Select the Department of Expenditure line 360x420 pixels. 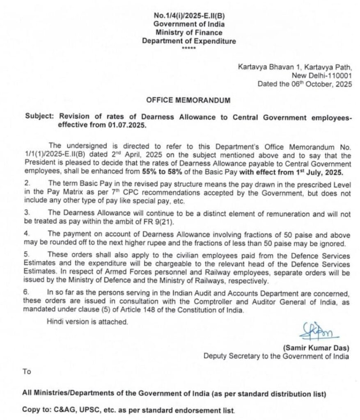(x=189, y=41)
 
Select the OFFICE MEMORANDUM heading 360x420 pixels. (x=189, y=100)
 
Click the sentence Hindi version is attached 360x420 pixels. (x=87, y=322)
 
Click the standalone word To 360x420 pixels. (x=27, y=372)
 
